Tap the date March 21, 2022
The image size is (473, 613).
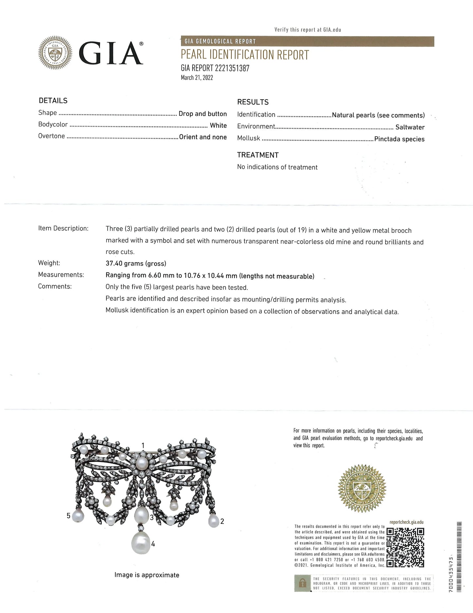pos(197,78)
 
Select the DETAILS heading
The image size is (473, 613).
pos(53,101)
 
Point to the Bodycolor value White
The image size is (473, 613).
pos(218,125)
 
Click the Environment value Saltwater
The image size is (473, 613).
pos(410,127)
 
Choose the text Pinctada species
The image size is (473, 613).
pos(399,139)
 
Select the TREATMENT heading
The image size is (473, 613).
pos(258,155)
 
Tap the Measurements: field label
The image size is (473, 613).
pos(61,275)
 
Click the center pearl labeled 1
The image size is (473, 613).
pos(142,463)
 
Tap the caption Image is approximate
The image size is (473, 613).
pos(147,575)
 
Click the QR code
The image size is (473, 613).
pos(405,547)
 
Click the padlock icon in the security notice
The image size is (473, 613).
pos(303,583)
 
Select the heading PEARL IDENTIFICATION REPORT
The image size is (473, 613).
pos(245,55)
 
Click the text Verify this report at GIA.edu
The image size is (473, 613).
pos(308,29)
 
